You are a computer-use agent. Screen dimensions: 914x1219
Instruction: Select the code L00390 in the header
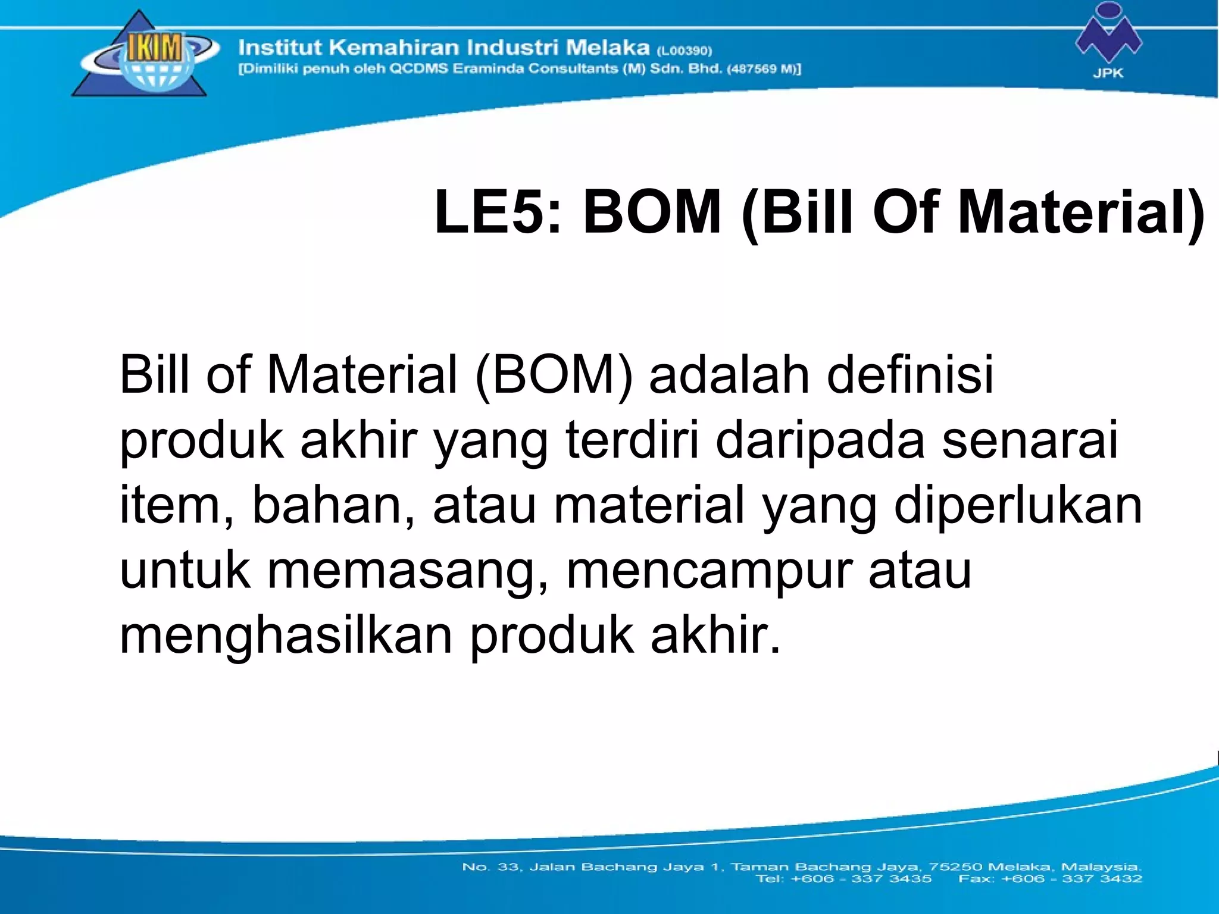tap(684, 51)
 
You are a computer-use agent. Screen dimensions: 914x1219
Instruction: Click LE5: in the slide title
tap(498, 212)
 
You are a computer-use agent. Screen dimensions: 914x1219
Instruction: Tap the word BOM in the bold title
tap(652, 212)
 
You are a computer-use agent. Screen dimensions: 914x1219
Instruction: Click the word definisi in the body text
tap(910, 375)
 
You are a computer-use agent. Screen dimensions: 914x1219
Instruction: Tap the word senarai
tap(1030, 440)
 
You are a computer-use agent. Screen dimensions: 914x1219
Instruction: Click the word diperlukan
tap(1018, 505)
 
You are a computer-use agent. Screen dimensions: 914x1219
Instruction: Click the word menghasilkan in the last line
tap(286, 635)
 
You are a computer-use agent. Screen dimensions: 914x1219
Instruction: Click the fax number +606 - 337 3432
tap(1071, 878)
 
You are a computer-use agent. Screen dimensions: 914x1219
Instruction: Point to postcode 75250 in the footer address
tap(958, 867)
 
